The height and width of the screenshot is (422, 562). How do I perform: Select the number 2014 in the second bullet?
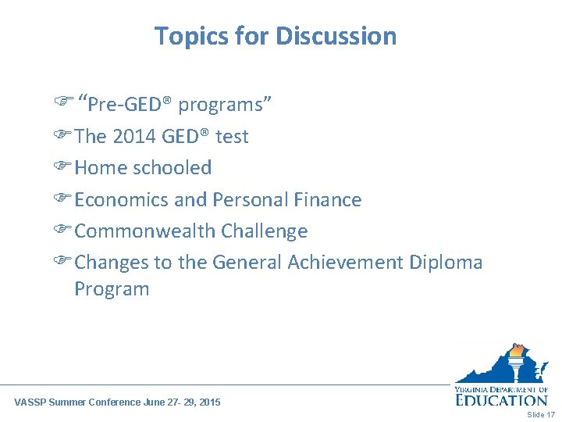coord(134,136)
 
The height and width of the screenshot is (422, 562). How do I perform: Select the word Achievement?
coord(345,262)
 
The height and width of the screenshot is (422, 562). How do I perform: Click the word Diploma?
coord(446,262)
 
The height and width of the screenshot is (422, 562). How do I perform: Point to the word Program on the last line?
coord(112,288)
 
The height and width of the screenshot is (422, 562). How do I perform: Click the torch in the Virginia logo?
coord(518,361)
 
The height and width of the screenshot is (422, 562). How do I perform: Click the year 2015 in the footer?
coord(209,402)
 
